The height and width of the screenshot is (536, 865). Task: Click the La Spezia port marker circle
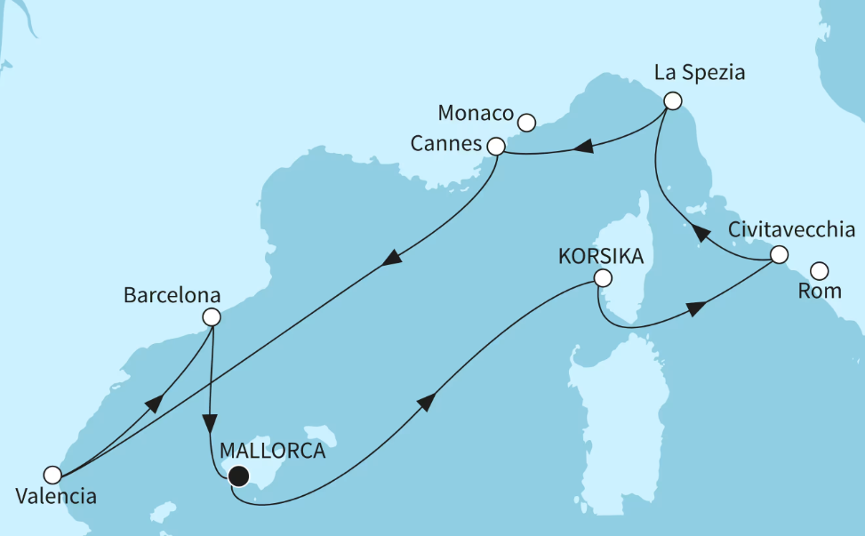pos(673,101)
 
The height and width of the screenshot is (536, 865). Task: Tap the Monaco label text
pos(477,114)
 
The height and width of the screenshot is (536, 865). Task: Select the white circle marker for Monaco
pos(526,123)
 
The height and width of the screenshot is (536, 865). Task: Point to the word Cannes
pos(447,143)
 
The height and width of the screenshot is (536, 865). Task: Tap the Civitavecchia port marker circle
pos(778,255)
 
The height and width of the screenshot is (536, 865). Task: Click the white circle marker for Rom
pos(820,270)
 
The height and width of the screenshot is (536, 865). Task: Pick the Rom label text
pos(820,292)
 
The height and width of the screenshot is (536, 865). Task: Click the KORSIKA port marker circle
pos(603,278)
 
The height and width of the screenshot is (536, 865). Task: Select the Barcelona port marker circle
pos(212,316)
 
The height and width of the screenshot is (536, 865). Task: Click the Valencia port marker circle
pos(52,475)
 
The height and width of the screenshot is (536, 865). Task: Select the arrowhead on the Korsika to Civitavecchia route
pos(696,308)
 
